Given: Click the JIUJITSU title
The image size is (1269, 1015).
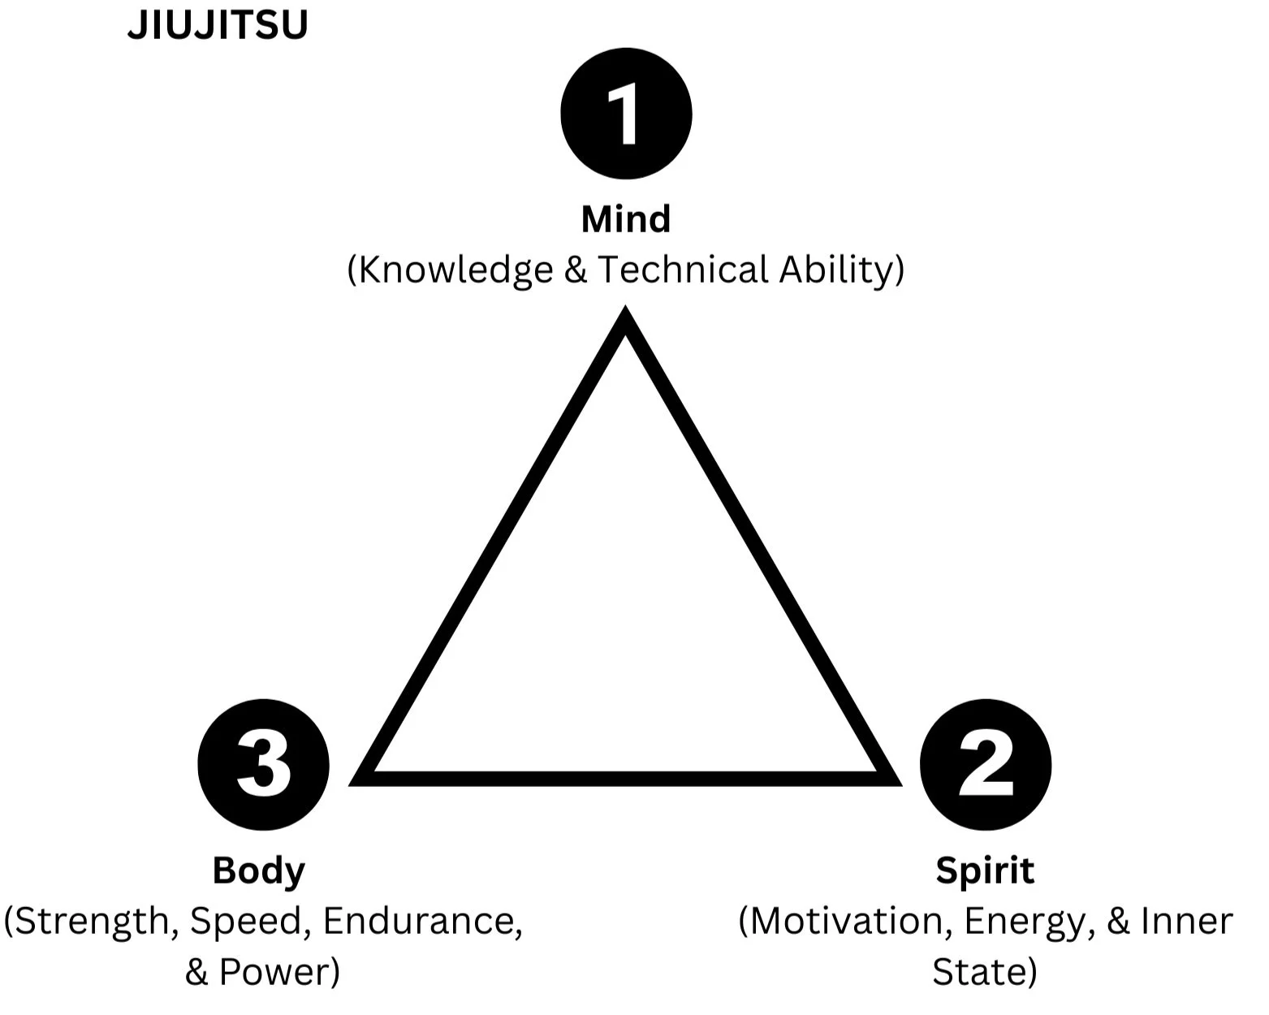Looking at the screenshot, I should tap(218, 25).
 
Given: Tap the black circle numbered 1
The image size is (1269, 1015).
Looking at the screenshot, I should tap(626, 114).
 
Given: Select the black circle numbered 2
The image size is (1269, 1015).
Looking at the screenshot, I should tap(986, 765).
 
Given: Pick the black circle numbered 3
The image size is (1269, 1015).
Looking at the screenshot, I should tap(263, 765).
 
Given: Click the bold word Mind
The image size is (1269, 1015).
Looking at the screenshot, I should tap(626, 219).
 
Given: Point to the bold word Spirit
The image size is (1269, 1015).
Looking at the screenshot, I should tap(985, 870).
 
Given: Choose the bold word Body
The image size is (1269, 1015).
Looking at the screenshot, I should tap(259, 870).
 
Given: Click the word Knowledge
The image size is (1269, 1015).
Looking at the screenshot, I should tap(455, 270).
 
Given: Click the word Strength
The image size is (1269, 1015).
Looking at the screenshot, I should tap(91, 922).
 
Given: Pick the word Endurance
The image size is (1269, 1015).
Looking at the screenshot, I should tap(421, 921).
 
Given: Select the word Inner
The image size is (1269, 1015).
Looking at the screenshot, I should tap(1187, 921).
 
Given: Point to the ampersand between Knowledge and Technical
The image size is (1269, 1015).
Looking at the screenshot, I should tap(576, 270).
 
